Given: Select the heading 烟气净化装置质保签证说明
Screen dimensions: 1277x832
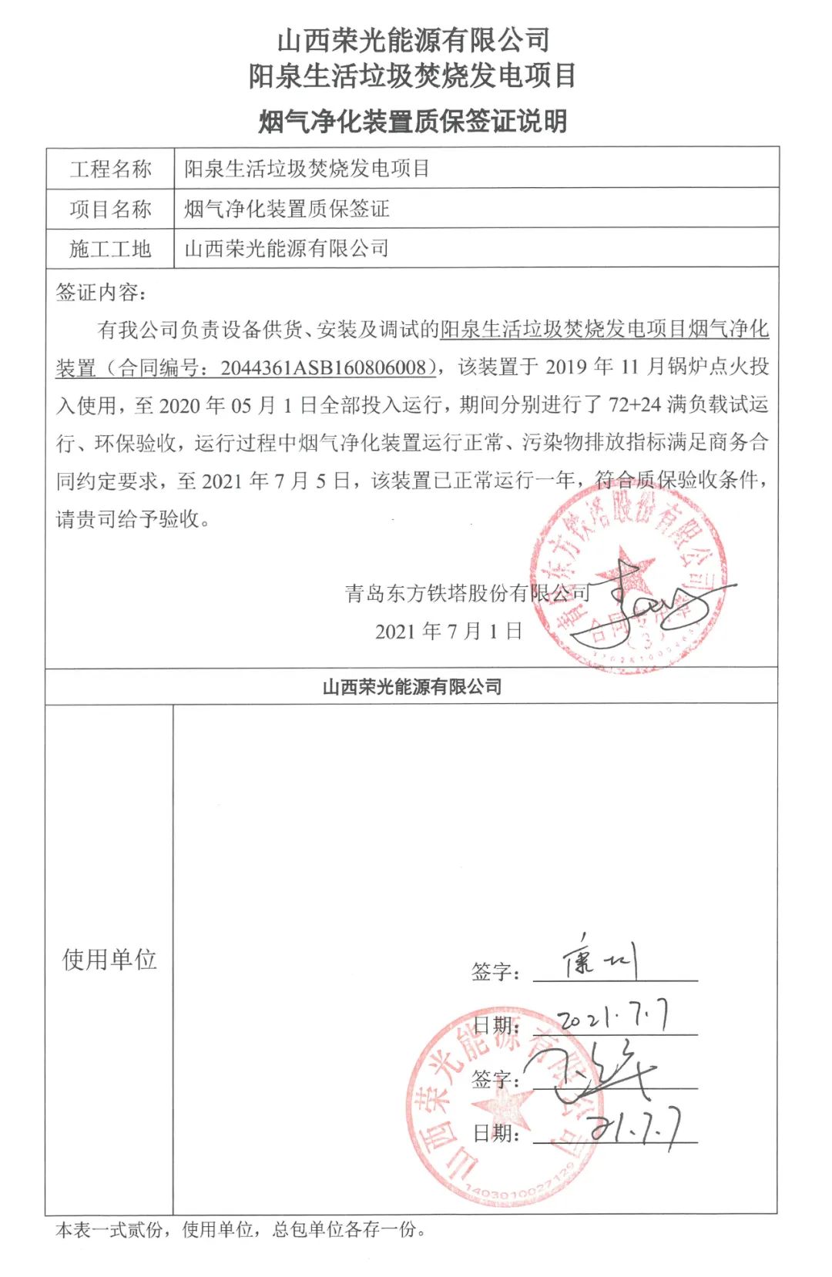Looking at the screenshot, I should (413, 121).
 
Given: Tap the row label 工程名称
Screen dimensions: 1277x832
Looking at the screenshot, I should (110, 169).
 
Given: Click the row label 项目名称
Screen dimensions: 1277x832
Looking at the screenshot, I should (110, 209).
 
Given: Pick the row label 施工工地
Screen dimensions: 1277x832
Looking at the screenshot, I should (110, 249).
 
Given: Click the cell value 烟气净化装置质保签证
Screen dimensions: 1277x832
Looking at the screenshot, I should (287, 209).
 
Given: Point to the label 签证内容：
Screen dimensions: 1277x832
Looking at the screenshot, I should (101, 293).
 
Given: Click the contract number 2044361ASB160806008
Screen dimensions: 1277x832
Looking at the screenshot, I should (324, 367).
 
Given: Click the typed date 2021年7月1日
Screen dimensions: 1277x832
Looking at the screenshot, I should (449, 632).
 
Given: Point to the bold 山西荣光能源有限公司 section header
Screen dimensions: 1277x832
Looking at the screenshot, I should (412, 686).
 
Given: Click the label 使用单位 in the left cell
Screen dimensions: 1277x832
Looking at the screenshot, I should (109, 960).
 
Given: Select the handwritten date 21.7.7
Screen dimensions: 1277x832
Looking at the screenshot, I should (636, 1129).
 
